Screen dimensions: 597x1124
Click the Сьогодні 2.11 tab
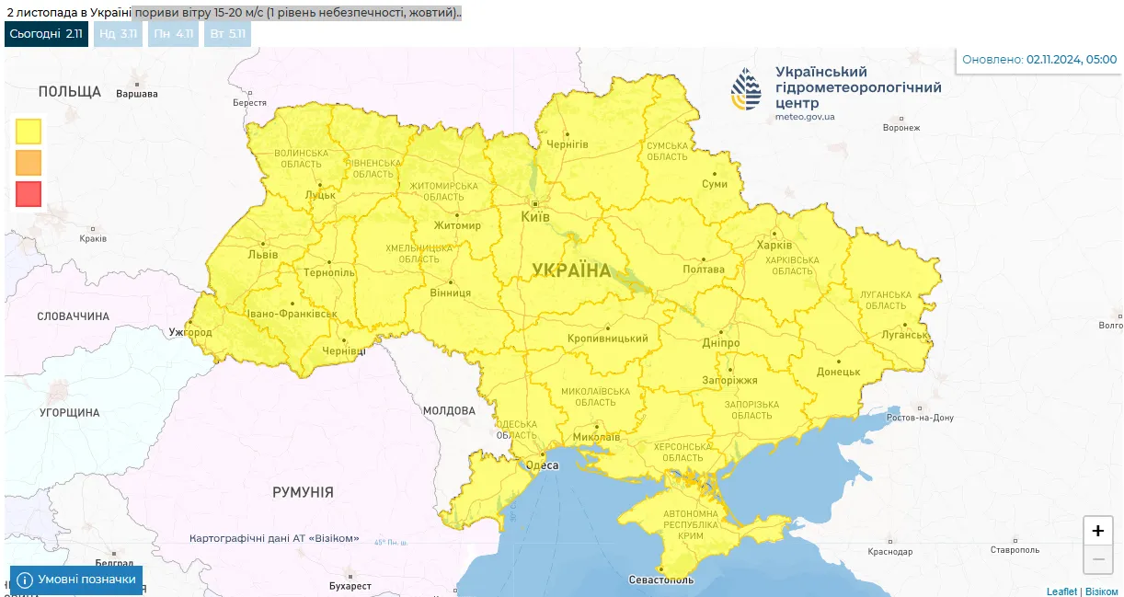(46, 34)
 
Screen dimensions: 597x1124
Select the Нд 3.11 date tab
(118, 34)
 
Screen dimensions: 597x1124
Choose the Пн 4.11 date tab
(173, 34)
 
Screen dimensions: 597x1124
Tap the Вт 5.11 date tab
(227, 34)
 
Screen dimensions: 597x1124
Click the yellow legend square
(29, 132)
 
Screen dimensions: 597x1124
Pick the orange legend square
(29, 163)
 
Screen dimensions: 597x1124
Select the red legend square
(29, 194)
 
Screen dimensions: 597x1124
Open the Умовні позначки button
(76, 580)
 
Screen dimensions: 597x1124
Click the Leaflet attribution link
(1061, 591)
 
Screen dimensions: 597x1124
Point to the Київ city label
(535, 217)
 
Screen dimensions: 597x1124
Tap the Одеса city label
(542, 465)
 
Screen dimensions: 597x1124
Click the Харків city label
(774, 246)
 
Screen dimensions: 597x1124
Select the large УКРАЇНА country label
(571, 270)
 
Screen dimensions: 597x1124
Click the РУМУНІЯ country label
(303, 492)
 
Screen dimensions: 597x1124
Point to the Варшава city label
(137, 94)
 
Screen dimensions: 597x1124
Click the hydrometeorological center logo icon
(746, 89)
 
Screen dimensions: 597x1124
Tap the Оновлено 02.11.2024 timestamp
(1039, 60)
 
